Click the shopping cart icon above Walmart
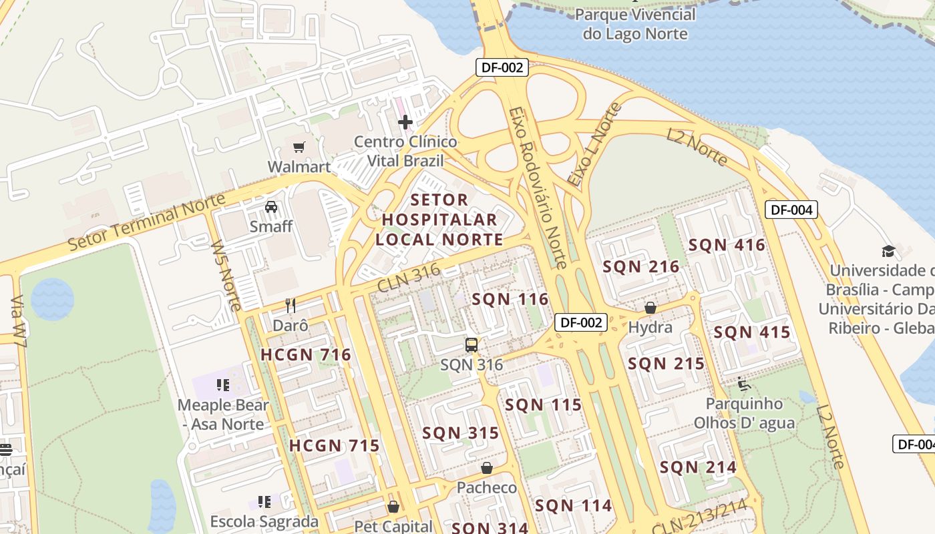point(299,147)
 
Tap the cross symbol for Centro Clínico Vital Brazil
point(405,122)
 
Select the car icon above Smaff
point(271,207)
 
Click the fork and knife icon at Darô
point(291,306)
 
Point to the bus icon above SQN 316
point(472,345)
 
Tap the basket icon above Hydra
point(650,308)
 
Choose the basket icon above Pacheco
point(487,468)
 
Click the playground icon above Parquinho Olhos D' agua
point(744,384)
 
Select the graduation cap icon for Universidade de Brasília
point(888,251)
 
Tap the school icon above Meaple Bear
point(223,385)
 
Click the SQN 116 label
point(510,299)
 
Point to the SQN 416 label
point(727,245)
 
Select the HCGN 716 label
point(306,354)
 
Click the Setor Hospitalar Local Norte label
point(439,219)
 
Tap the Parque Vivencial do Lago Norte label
point(635,24)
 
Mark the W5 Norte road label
point(226,275)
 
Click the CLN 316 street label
point(409,278)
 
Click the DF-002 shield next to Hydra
point(582,322)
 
